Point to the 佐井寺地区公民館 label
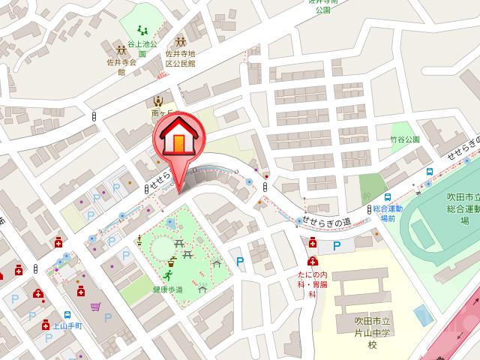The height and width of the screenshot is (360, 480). click(180, 58)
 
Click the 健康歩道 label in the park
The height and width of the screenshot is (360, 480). click(167, 289)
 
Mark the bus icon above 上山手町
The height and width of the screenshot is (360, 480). click(68, 316)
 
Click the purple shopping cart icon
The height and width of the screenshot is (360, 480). click(95, 306)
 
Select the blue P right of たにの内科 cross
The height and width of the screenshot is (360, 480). click(336, 245)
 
